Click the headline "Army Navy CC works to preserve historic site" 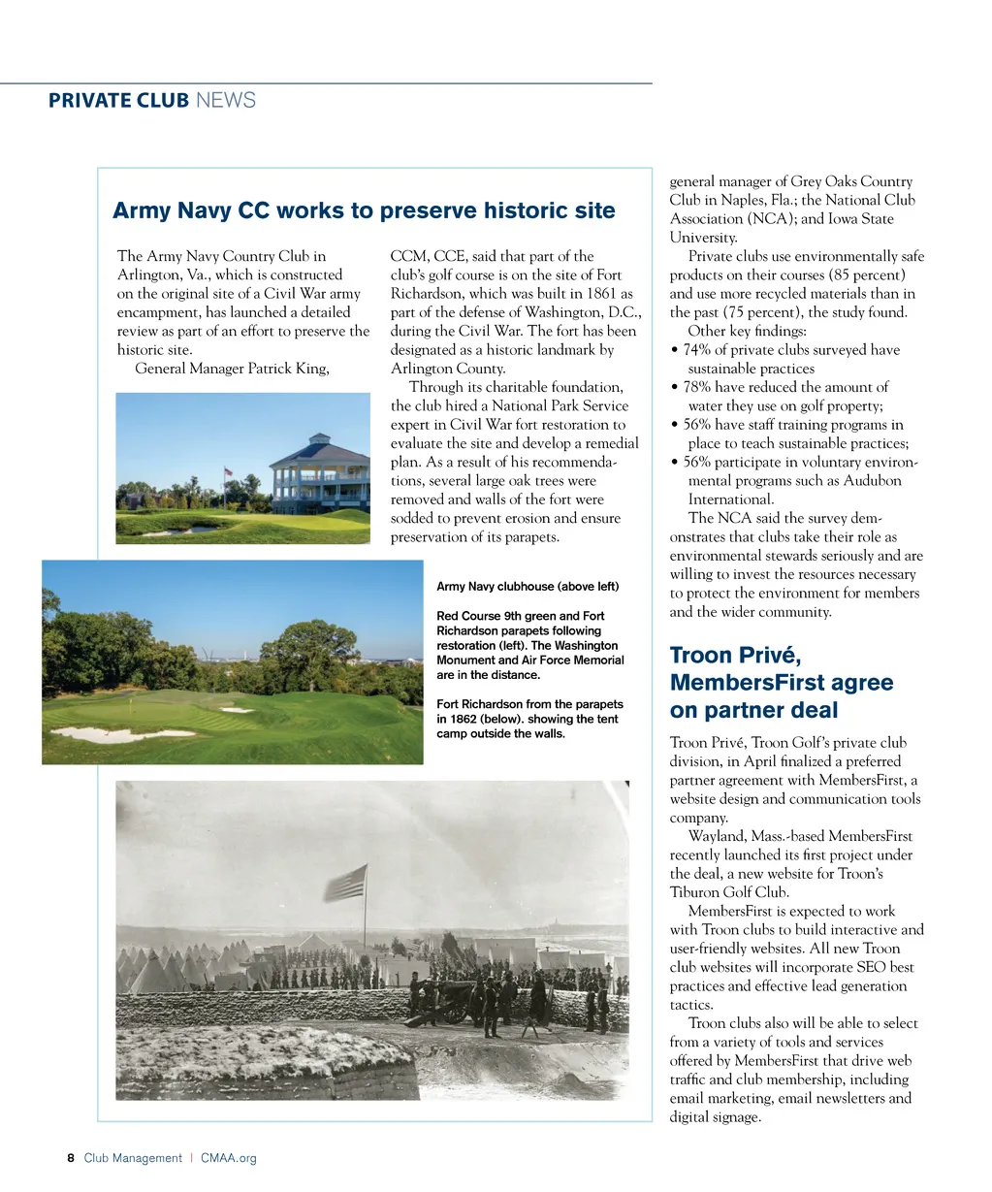click(x=364, y=211)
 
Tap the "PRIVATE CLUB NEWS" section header click(x=152, y=100)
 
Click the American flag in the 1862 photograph click(x=346, y=883)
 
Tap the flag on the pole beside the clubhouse click(x=229, y=472)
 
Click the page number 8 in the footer click(x=71, y=1158)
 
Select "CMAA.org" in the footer click(x=229, y=1158)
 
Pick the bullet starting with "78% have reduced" click(x=785, y=387)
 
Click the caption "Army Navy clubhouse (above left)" click(x=528, y=587)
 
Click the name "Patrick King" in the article click(x=288, y=369)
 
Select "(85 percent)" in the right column click(x=863, y=275)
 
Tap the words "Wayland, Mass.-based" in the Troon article click(x=755, y=836)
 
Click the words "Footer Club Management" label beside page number click(x=133, y=1158)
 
